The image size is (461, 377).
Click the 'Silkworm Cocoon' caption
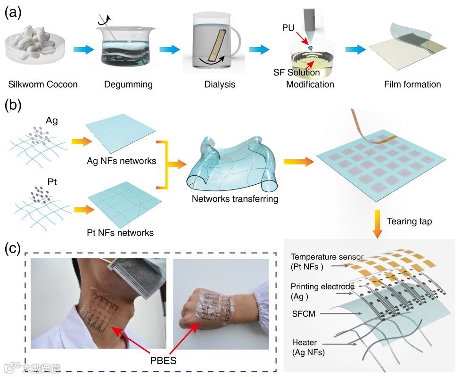(43, 85)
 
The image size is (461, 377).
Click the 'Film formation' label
(412, 85)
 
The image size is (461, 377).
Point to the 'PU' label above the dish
(288, 29)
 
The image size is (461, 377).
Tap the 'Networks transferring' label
(235, 198)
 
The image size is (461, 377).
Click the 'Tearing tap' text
(409, 221)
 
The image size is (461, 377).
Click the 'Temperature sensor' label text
(328, 257)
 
